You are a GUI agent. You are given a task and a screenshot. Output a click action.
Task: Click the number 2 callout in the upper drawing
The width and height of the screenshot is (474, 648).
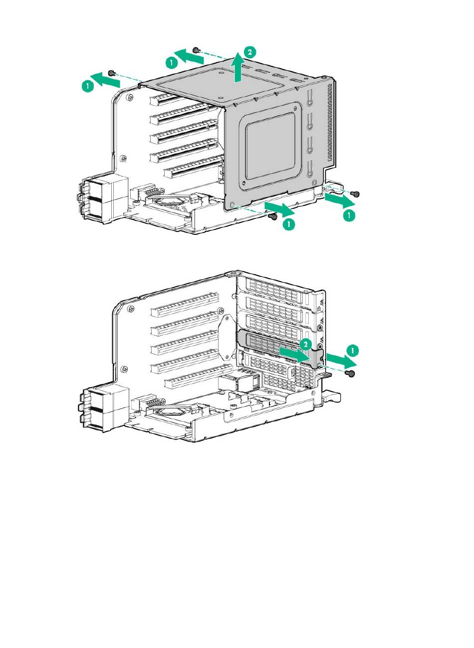point(249,52)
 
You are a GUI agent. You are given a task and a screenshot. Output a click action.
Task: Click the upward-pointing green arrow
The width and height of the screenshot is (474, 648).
point(237,67)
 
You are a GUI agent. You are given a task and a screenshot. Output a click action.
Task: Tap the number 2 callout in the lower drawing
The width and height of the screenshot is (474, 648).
point(305,344)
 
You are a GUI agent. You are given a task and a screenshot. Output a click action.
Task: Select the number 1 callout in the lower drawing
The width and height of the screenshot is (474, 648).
point(352,350)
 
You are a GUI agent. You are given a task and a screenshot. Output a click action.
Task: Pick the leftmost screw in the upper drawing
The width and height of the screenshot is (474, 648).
point(111,73)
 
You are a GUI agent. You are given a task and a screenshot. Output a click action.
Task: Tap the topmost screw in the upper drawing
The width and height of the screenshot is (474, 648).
point(197,50)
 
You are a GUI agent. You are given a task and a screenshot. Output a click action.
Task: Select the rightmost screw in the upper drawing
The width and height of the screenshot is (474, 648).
point(355,193)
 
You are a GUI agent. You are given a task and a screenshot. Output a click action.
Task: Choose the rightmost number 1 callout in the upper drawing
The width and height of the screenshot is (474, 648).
point(349,215)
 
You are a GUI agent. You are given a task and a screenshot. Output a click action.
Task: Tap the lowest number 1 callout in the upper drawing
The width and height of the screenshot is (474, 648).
point(289,224)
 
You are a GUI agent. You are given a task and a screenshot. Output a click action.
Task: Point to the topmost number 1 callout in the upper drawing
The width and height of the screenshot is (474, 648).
point(172,63)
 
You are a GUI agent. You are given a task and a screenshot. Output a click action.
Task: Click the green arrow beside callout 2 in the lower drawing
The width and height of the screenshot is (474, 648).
point(295,355)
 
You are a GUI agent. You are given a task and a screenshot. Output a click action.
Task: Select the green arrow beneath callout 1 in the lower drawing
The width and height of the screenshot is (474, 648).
point(342,360)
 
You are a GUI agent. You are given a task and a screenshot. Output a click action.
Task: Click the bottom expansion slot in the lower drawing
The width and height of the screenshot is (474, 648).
point(199,376)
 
